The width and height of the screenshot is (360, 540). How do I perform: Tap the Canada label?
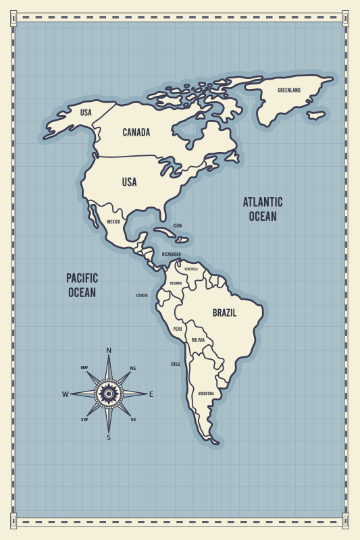[136, 132]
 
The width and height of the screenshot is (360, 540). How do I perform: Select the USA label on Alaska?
[86, 113]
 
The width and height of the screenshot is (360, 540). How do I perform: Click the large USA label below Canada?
[129, 182]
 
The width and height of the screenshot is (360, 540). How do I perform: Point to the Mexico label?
[113, 222]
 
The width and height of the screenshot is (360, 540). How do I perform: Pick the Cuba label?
[178, 225]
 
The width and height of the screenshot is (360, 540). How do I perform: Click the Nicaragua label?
[171, 254]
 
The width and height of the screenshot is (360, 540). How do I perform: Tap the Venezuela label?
[191, 269]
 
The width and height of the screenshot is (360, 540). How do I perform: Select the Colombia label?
[176, 283]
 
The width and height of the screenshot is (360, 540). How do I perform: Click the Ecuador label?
[141, 295]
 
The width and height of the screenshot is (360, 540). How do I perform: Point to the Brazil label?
[224, 313]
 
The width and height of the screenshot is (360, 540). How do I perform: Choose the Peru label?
[178, 329]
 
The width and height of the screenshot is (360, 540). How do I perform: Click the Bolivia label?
[198, 340]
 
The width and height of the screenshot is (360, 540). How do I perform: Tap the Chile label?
[175, 364]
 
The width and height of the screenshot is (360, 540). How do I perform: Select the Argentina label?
[206, 393]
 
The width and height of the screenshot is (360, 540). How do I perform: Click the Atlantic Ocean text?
[263, 209]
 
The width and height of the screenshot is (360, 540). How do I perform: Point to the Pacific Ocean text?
[82, 285]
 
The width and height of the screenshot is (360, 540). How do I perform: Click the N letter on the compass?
[109, 350]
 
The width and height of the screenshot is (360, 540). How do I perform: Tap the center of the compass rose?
[108, 393]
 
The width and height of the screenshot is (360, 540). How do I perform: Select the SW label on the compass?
[84, 419]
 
